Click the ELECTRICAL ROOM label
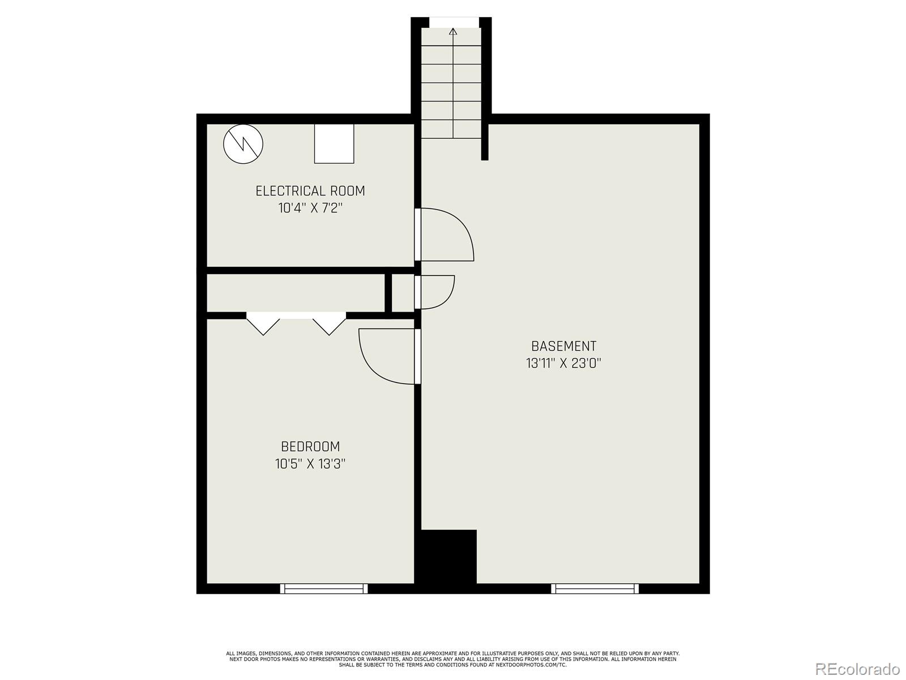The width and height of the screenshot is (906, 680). pos(310,191)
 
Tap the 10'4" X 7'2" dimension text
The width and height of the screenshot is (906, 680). pos(310,208)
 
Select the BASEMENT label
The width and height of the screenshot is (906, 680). pos(563,346)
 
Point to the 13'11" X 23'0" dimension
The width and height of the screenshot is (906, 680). pos(563,363)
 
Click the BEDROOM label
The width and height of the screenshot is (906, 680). pos(310,447)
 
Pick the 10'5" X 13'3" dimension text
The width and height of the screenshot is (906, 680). pos(310,464)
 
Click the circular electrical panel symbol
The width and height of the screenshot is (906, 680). pos(243,144)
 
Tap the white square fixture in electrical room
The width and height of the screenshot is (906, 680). pos(334,144)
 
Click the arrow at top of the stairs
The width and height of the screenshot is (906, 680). pos(452,32)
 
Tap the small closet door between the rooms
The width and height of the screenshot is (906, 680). pos(436,292)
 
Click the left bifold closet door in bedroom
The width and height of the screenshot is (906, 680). pos(263,325)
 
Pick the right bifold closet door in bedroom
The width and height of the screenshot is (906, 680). pos(329,325)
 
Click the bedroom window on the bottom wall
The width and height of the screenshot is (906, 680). pos(324,589)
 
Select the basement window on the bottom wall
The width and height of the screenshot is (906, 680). pos(595,589)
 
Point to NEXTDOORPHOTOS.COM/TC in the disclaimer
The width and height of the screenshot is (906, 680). pos(532,665)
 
